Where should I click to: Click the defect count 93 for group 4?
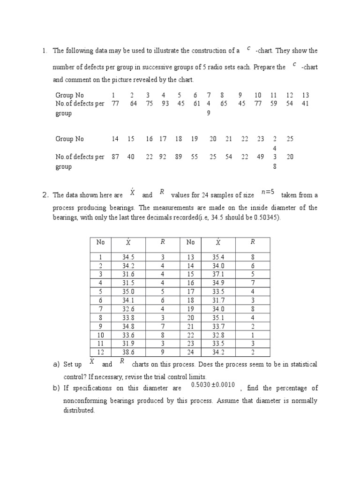coord(165,104)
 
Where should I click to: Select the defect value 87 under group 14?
coord(115,157)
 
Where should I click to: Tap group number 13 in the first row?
coord(305,95)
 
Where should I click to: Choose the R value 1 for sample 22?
coord(253,335)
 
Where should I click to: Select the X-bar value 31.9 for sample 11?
coord(128,344)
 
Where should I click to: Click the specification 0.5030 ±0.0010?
coord(212,385)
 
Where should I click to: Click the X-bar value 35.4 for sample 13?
coord(218,256)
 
